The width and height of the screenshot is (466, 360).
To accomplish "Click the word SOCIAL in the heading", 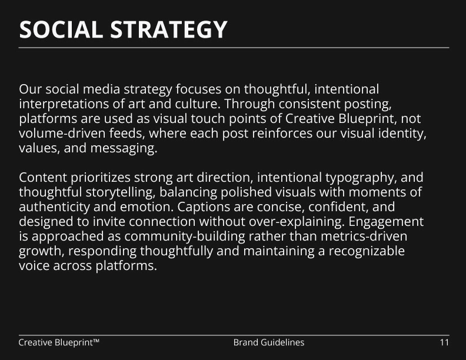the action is tap(61, 29).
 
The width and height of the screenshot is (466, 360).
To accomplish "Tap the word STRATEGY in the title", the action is tap(169, 29).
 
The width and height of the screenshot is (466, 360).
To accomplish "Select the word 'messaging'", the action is tap(124, 148).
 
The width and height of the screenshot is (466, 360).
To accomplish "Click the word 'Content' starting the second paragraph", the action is tap(43, 178).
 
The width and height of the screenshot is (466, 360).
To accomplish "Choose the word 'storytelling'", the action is tap(121, 192).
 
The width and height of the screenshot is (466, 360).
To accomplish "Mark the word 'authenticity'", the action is tap(54, 207).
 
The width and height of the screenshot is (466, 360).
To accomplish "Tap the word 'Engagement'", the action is tap(386, 222).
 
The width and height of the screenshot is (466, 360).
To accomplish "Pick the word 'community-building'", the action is tap(185, 236).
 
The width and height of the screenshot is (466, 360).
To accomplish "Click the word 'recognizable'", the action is tap(367, 251).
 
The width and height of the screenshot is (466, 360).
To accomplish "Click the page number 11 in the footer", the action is tap(444, 342).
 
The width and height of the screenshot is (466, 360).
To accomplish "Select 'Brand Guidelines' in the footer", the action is tap(269, 342).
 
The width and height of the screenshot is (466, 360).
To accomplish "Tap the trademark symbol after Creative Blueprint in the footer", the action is tap(96, 341).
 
